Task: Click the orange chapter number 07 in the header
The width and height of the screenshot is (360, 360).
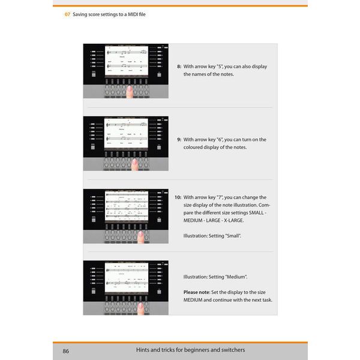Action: click(68, 14)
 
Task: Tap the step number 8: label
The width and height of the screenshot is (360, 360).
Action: click(179, 67)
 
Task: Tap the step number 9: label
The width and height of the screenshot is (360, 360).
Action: click(179, 139)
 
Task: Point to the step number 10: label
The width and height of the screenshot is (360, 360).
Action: click(178, 197)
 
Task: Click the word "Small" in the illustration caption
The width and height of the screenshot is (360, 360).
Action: click(233, 236)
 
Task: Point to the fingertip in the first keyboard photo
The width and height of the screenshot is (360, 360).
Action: click(129, 89)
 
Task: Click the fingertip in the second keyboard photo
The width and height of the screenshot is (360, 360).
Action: click(134, 161)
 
